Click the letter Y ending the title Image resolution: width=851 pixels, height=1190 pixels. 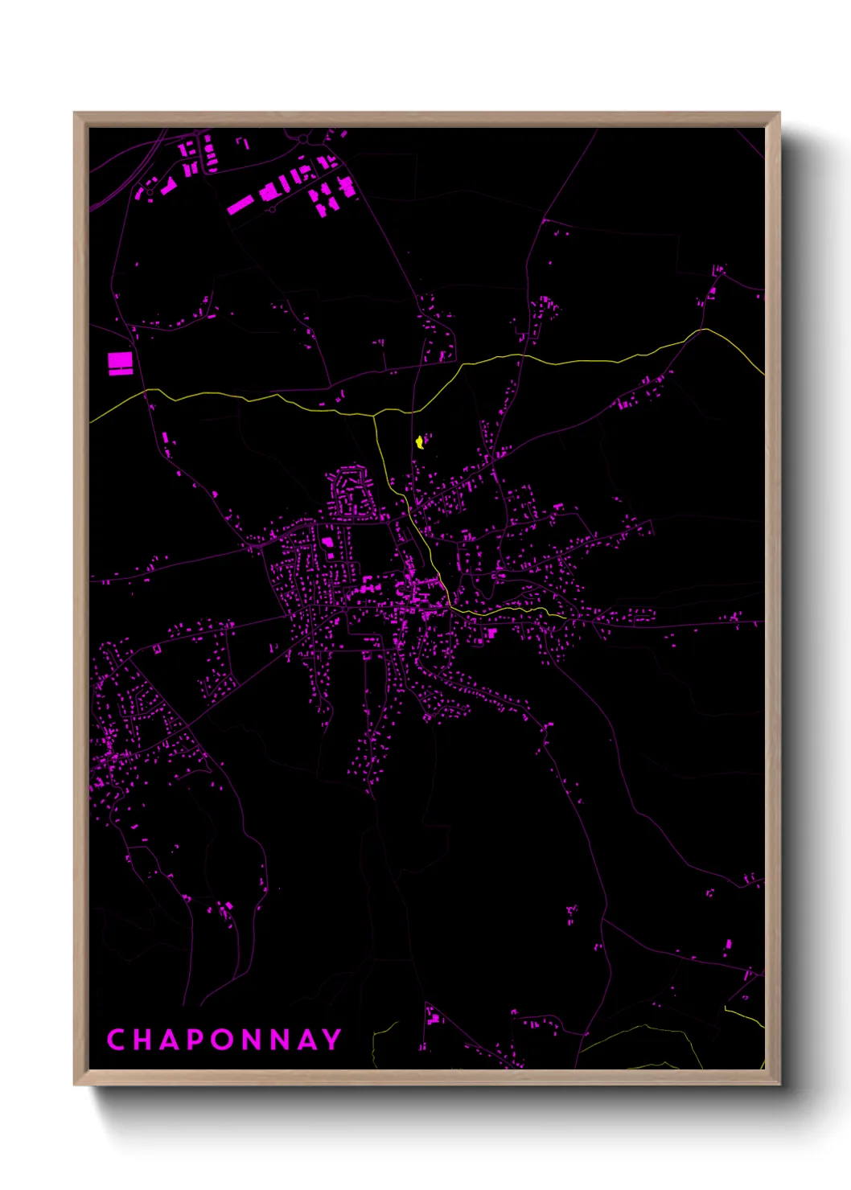pos(332,1040)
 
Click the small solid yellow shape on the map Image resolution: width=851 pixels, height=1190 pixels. pos(419,442)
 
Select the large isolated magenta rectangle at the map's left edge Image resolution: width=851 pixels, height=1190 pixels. pos(120,363)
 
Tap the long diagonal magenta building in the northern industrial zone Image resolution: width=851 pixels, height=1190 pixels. pos(240,205)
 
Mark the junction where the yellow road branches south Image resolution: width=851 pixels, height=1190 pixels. pos(375,416)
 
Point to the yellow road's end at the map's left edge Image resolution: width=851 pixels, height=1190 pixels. pos(91,421)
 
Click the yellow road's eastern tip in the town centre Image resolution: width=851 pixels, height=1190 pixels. pos(565,618)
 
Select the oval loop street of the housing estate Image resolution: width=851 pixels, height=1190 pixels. pos(349,492)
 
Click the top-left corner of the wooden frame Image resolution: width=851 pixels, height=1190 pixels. pos(75,113)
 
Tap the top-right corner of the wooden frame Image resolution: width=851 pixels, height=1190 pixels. pos(779,113)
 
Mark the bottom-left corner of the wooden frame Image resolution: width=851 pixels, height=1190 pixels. pos(75,1084)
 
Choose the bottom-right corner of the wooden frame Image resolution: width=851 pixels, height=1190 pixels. pos(779,1084)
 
